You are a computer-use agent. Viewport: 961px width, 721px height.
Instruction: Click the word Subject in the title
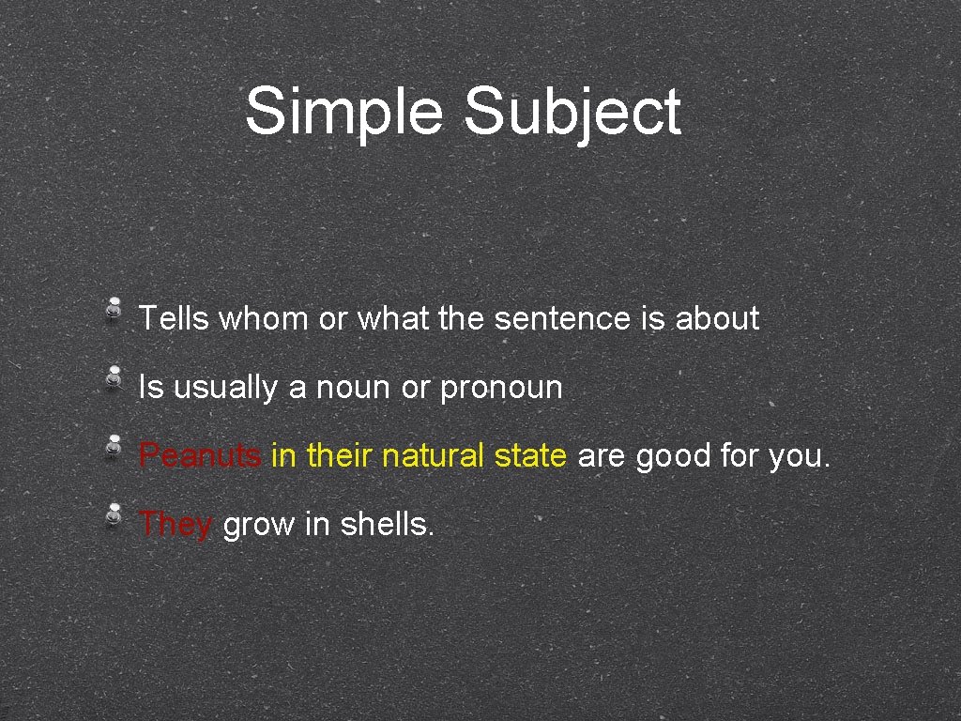pos(572,111)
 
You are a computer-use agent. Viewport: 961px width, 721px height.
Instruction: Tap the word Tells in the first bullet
pos(174,319)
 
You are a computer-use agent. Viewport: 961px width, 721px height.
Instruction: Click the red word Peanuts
pos(200,456)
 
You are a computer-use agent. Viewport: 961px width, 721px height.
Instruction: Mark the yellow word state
pos(530,456)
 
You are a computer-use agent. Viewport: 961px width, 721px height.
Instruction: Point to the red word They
pos(175,524)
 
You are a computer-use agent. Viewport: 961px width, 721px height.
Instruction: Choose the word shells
pos(387,524)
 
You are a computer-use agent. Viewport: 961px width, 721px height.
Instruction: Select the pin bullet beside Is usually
pos(113,376)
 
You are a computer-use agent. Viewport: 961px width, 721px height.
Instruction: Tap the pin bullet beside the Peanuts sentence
pos(113,445)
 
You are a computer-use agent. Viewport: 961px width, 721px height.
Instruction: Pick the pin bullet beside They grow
pos(113,514)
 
